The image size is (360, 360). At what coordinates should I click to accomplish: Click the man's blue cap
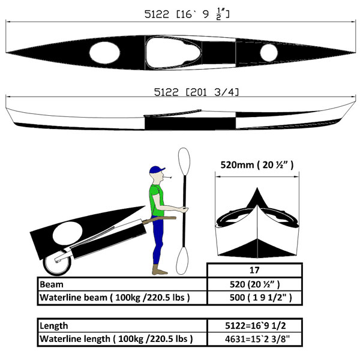157,170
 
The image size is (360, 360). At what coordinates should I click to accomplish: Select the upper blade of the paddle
184,161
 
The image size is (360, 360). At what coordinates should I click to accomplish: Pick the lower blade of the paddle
182,260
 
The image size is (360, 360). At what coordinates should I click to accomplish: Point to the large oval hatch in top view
104,53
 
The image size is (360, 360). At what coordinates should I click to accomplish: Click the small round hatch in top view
269,53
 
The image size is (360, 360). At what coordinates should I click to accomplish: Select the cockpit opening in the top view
173,53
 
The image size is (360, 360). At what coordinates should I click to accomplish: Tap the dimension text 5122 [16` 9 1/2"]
187,14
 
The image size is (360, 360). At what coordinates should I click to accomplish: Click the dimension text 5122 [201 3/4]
197,92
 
